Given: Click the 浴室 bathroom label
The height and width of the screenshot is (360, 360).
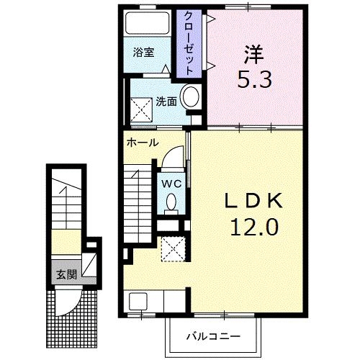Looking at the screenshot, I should click(143, 53).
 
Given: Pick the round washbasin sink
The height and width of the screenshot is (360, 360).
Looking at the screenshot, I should click(192, 97).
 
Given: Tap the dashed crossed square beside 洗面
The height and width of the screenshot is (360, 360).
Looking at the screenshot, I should click(142, 109).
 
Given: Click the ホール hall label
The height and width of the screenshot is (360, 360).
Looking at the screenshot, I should click(143, 143).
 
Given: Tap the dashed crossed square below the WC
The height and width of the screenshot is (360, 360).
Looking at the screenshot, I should click(171, 248).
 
